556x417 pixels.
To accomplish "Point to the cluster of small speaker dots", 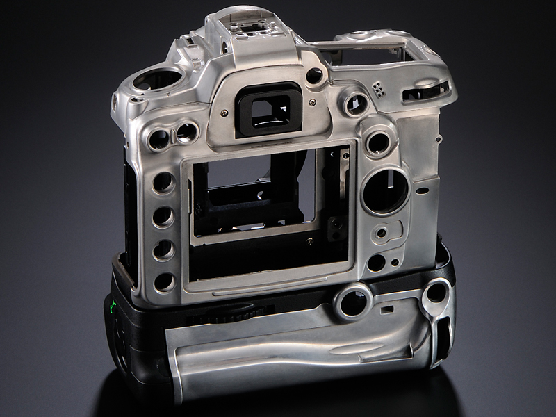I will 377,88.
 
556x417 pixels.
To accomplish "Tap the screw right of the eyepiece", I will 312,102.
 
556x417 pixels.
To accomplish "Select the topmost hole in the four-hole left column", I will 163,183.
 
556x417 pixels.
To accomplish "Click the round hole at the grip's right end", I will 436,292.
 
